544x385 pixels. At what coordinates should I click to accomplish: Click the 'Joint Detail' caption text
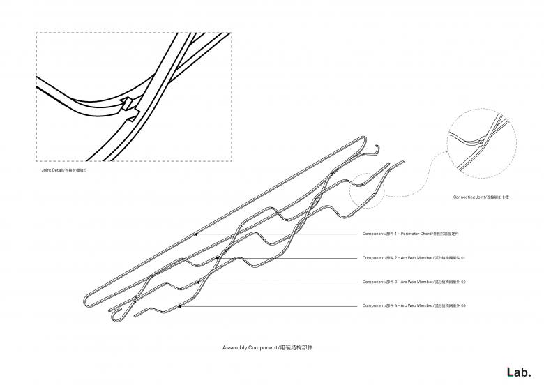point(64,169)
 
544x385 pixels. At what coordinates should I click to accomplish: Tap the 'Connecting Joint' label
point(481,197)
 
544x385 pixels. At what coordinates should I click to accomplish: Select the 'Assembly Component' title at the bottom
point(272,347)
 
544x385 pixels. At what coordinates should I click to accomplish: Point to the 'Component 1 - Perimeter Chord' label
point(413,234)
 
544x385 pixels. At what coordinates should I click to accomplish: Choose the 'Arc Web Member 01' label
point(414,257)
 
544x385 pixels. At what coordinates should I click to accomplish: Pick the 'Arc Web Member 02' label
point(414,282)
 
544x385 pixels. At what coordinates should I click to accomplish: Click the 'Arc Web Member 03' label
point(414,305)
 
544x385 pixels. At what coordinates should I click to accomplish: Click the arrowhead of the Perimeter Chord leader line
point(195,234)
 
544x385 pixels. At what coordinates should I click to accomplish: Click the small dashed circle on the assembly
point(368,188)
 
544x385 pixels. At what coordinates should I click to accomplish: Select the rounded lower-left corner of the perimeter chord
point(86,301)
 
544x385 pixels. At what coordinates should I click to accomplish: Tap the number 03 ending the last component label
point(462,305)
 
